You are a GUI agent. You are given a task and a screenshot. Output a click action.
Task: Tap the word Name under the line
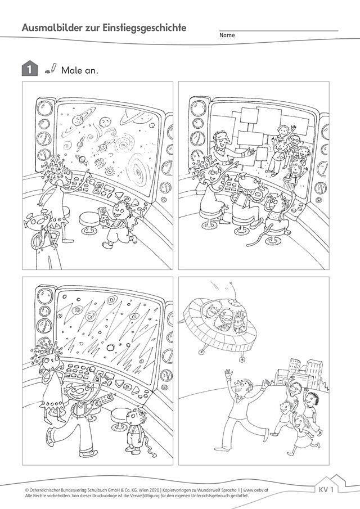pos(227,35)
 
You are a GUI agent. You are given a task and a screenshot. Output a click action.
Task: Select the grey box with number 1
pos(30,69)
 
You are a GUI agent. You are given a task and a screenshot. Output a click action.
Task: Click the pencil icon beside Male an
pos(51,67)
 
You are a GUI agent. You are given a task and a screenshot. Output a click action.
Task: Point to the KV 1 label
pos(328,489)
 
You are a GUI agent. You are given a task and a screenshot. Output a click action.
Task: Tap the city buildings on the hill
pos(300,372)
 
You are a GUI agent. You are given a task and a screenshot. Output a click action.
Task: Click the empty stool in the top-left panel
pos(89,220)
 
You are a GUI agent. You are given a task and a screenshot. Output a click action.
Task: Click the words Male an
pos(79,70)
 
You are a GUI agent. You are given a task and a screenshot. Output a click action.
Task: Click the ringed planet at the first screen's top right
pos(136,119)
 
